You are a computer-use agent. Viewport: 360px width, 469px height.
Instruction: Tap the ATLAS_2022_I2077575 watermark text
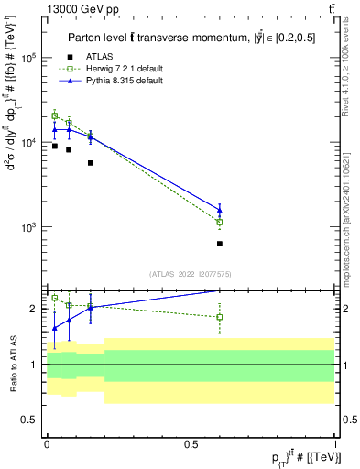(191, 274)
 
